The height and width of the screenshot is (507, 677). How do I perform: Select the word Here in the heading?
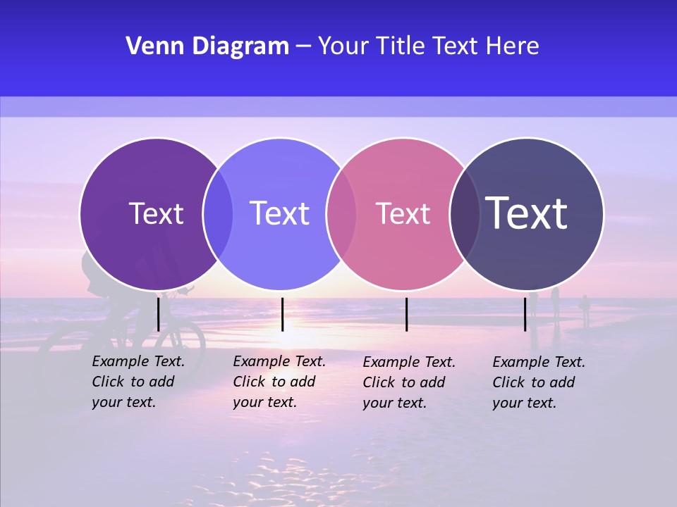513,46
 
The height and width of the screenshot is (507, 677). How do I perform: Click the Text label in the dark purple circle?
156,213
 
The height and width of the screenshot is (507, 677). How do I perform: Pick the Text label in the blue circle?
280,213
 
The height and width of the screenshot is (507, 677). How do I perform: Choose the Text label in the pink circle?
403,213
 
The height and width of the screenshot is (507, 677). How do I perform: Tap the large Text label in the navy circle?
527,213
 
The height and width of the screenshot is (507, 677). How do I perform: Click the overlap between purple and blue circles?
218,213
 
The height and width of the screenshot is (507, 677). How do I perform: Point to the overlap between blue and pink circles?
341,213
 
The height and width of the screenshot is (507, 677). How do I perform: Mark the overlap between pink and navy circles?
465,213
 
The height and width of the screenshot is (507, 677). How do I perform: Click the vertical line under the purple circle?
159,314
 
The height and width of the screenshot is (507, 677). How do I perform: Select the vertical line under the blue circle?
282,314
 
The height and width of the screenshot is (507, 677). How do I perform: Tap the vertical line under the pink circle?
406,314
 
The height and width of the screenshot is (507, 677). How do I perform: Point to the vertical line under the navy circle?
525,314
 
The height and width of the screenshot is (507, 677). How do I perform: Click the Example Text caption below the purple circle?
138,382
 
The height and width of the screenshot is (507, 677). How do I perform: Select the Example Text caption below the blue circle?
279,382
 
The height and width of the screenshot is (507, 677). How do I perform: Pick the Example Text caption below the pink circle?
408,382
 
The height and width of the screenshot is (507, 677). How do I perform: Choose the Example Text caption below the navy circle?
538,382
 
